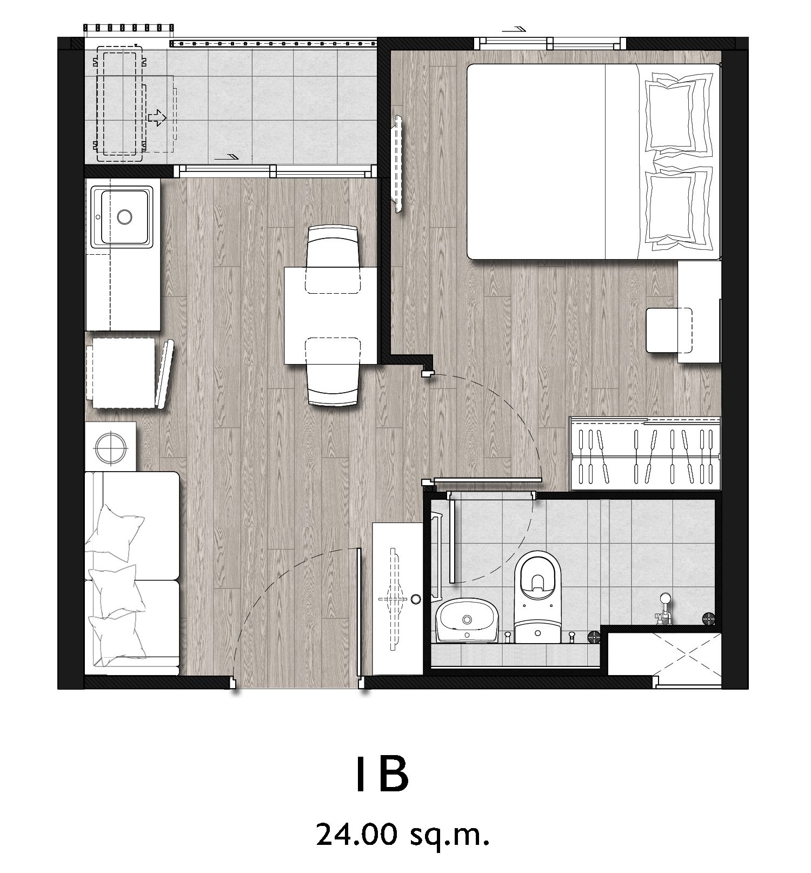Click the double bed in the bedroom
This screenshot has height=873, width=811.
594,161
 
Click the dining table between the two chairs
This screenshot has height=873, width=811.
331,315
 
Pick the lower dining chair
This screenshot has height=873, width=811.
333,372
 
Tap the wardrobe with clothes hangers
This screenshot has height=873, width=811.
646,453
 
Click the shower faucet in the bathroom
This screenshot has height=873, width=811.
663,609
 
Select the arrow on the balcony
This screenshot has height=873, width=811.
157,117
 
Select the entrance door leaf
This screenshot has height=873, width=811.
359,619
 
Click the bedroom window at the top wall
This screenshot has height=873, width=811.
550,43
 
